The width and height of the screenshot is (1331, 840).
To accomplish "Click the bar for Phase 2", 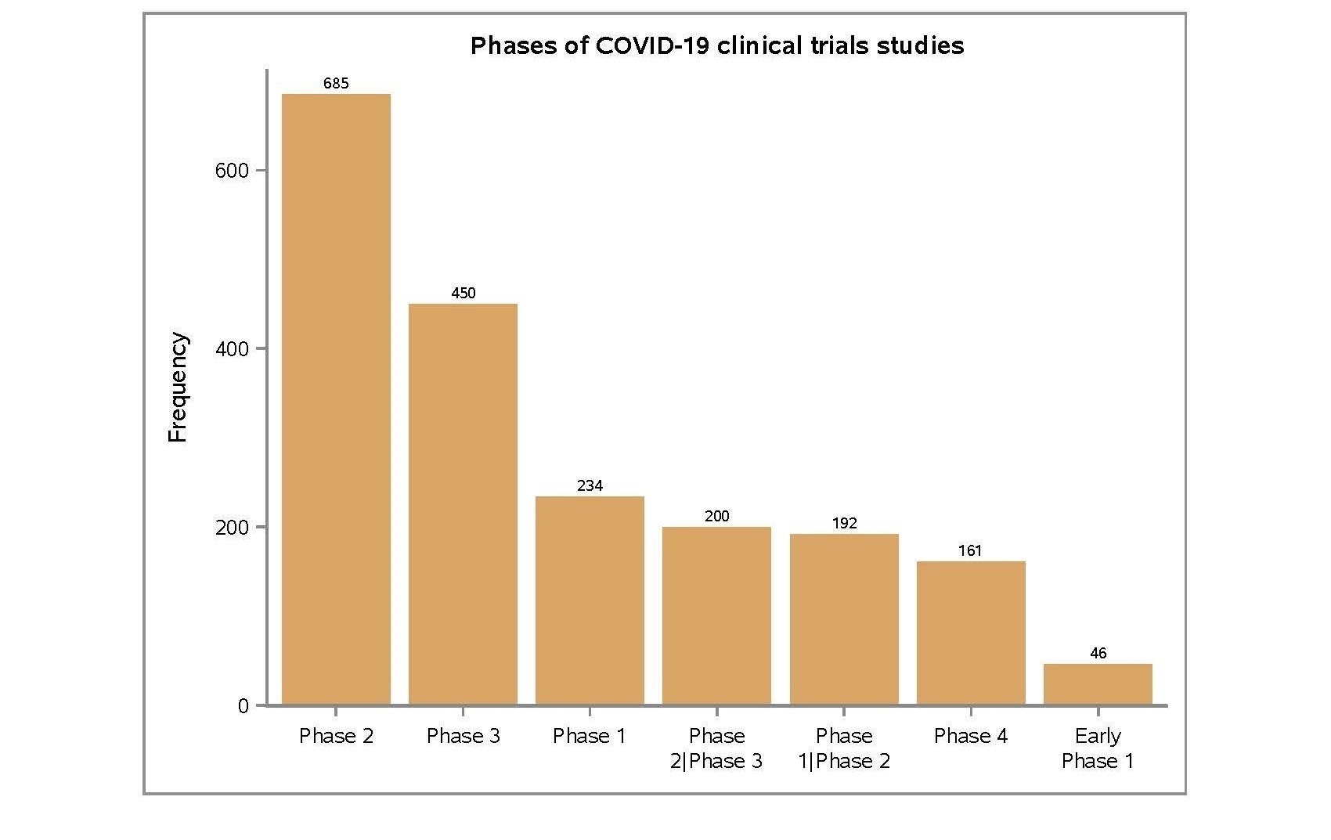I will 336,399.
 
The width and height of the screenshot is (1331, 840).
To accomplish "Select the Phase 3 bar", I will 463,504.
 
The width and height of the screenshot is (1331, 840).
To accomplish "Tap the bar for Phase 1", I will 590,600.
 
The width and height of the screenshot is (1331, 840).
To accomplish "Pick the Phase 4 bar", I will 971,633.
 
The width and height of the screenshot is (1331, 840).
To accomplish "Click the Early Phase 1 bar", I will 1098,684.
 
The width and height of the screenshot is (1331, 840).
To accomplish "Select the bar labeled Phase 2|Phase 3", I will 716,615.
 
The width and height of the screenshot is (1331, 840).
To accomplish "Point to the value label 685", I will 336,84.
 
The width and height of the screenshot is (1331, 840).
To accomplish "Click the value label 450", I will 463,294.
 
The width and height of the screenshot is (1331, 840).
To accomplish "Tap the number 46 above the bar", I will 1098,654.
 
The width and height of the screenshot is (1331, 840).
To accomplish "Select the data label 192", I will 844,524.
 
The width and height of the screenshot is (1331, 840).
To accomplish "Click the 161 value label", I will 970,551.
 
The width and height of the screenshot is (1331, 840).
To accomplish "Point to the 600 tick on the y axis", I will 232,171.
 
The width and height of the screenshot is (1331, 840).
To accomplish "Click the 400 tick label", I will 232,349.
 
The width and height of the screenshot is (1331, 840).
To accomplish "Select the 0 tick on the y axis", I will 243,706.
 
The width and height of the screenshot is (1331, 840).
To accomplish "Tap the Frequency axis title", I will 178,388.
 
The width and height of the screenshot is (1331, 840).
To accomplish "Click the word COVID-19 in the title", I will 653,45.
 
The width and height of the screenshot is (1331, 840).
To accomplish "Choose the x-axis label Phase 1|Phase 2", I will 844,748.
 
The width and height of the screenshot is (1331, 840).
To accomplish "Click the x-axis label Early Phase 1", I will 1098,748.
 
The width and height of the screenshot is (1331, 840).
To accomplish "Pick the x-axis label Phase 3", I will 463,736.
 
